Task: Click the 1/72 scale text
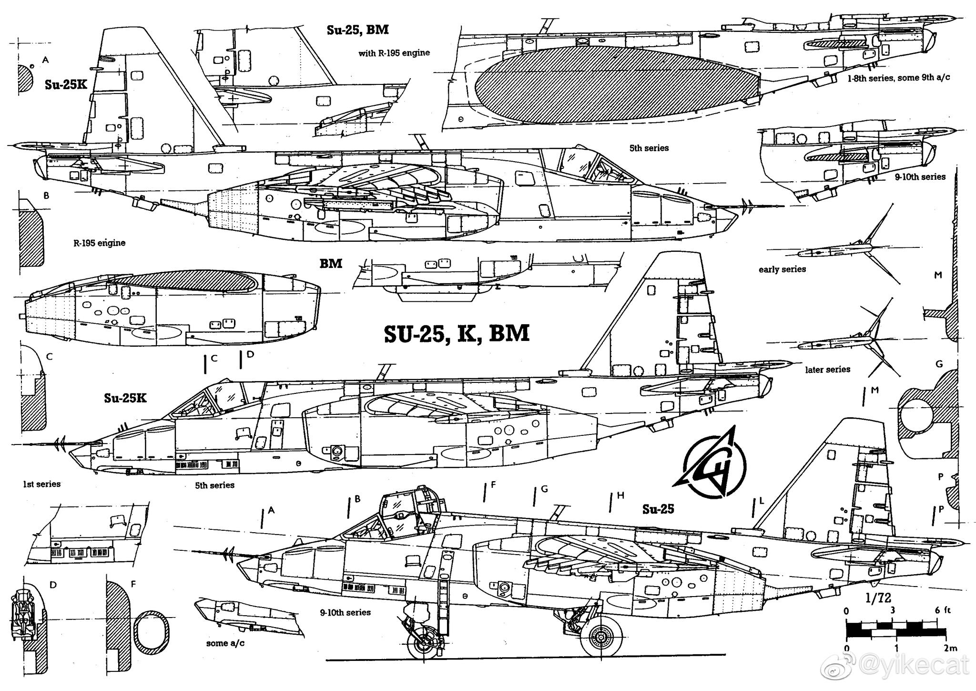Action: coord(878,598)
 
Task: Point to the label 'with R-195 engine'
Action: coord(394,53)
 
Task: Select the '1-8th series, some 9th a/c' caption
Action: coord(898,78)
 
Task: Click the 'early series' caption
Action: coord(782,269)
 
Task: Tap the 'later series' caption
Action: coord(827,370)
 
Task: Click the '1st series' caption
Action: coord(42,484)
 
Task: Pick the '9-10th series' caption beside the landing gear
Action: coord(345,612)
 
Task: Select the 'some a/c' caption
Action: coord(225,643)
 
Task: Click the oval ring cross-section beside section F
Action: coord(152,631)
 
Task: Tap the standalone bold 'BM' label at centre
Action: coord(331,264)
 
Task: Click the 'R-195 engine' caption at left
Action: coord(99,243)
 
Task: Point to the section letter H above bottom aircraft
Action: coord(620,496)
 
